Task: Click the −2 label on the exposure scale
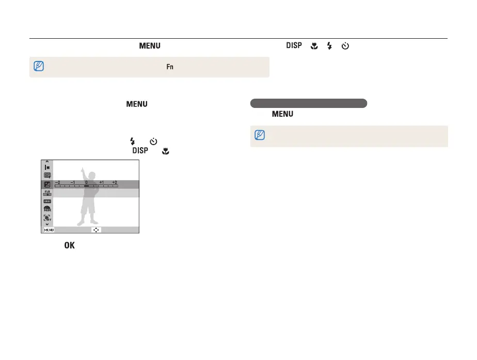pyautogui.click(x=57, y=183)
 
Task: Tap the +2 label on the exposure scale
pyautogui.click(x=115, y=183)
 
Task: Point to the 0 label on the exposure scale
pyautogui.click(x=86, y=183)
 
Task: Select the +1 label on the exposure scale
pyautogui.click(x=101, y=183)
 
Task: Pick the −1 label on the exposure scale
pyautogui.click(x=72, y=183)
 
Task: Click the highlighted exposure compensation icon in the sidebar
pyautogui.click(x=47, y=184)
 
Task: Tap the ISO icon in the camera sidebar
pyautogui.click(x=47, y=193)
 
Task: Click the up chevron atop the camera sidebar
pyautogui.click(x=47, y=162)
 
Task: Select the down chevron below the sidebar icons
pyautogui.click(x=47, y=224)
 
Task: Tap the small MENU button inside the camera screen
pyautogui.click(x=49, y=230)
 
